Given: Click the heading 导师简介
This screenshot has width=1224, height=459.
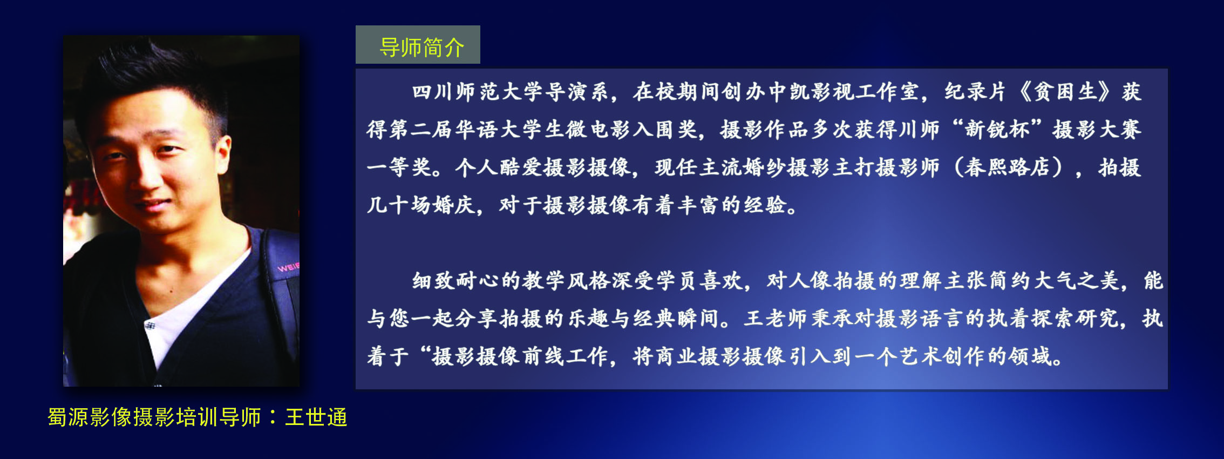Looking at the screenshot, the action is tap(421, 48).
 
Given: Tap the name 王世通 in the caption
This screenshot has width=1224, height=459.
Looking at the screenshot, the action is tap(316, 417).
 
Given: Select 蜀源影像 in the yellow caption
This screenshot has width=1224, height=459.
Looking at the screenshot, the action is tap(89, 417).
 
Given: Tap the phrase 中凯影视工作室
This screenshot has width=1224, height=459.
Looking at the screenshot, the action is tap(844, 92).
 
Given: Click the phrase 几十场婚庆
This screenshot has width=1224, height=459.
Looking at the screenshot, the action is tap(420, 205).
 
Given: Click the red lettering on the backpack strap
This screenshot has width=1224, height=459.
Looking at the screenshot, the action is tap(288, 267).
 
